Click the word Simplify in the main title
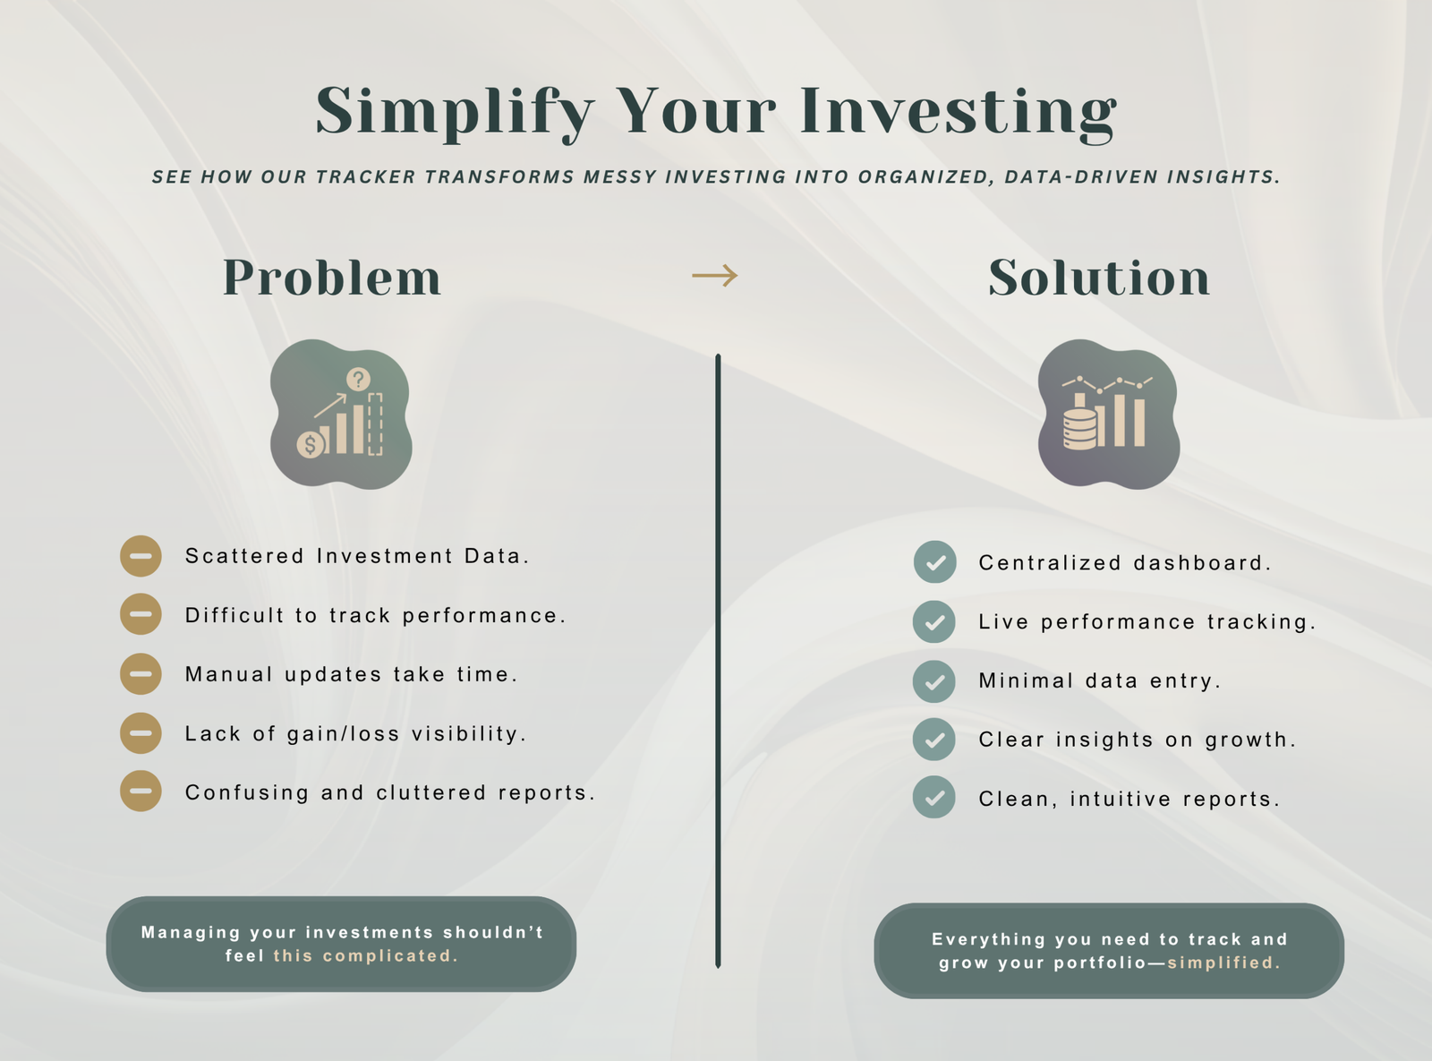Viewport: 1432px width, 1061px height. [x=456, y=112]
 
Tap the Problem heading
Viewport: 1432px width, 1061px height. [x=332, y=278]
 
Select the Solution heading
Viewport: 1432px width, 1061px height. [x=1099, y=278]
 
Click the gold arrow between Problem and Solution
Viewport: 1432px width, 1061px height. [x=715, y=275]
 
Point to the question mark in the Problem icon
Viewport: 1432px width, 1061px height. [x=358, y=379]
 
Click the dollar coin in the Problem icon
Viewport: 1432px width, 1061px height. [x=311, y=445]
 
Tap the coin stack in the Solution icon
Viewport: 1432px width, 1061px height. [x=1079, y=428]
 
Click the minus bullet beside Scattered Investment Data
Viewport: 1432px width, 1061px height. [x=141, y=556]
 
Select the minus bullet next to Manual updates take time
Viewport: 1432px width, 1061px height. [x=141, y=674]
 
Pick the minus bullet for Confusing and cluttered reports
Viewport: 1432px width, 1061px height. [x=141, y=791]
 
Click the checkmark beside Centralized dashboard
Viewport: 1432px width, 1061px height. [x=935, y=562]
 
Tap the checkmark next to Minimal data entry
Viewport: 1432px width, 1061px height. [x=934, y=681]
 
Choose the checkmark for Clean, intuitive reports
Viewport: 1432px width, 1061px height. [x=934, y=798]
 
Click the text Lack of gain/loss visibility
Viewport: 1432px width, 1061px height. [x=355, y=733]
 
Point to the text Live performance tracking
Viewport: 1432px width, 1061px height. [x=1146, y=621]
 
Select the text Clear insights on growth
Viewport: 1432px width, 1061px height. [x=1137, y=740]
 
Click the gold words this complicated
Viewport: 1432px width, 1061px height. [x=365, y=955]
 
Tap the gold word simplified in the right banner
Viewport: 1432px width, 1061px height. [x=1223, y=963]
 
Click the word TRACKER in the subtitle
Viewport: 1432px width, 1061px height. [x=365, y=177]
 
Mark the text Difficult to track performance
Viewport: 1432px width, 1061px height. [x=375, y=615]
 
